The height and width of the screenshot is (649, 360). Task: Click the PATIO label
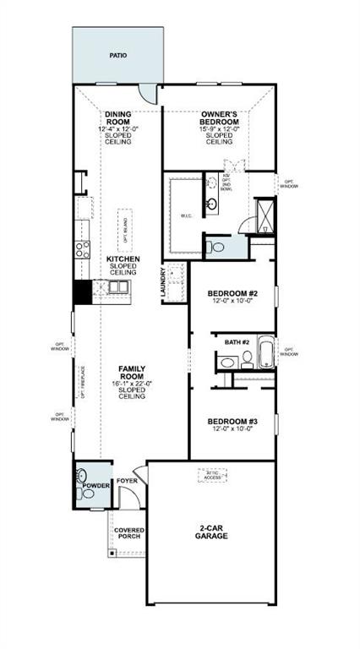tap(117, 56)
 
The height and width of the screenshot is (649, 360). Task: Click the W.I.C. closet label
tap(187, 215)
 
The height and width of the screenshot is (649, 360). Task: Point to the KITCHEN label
tap(123, 259)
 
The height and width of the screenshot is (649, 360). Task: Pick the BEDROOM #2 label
tap(232, 294)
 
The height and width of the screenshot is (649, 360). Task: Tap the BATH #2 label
tap(236, 342)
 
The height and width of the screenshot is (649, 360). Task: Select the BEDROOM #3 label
tap(232, 421)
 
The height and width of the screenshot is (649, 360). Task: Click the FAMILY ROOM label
tap(131, 373)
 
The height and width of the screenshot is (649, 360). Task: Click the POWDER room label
tap(95, 485)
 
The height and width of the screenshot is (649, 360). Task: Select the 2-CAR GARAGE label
tap(210, 531)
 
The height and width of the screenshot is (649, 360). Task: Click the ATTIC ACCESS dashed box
tap(211, 476)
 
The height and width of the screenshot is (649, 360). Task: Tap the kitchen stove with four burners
tap(82, 248)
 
